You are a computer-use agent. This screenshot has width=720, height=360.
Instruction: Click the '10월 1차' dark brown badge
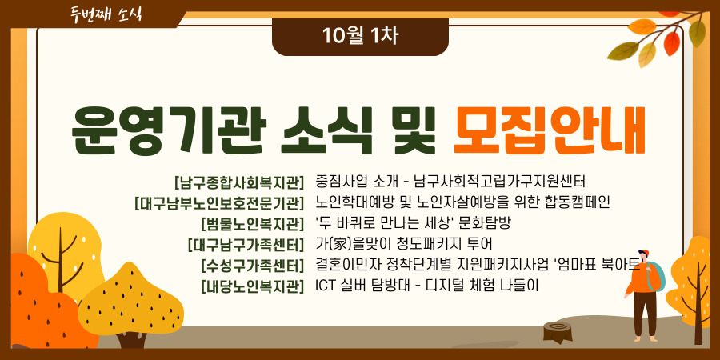[360, 37]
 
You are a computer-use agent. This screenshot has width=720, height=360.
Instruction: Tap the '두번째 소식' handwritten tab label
[106, 14]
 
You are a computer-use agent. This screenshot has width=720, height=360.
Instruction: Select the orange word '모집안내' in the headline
[550, 132]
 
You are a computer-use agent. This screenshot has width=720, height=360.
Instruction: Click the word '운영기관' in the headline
[169, 132]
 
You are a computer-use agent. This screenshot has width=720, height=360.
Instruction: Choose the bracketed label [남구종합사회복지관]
[239, 182]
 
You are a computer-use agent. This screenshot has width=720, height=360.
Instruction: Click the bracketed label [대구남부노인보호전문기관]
[219, 203]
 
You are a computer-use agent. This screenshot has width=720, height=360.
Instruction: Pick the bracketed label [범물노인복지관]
[253, 224]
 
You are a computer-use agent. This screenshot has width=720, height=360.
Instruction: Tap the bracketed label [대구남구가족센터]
[246, 245]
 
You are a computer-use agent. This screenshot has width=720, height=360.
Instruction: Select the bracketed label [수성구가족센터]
[253, 266]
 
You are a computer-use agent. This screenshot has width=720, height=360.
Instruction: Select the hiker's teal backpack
[657, 275]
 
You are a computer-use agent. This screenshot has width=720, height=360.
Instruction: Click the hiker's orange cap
[644, 253]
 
